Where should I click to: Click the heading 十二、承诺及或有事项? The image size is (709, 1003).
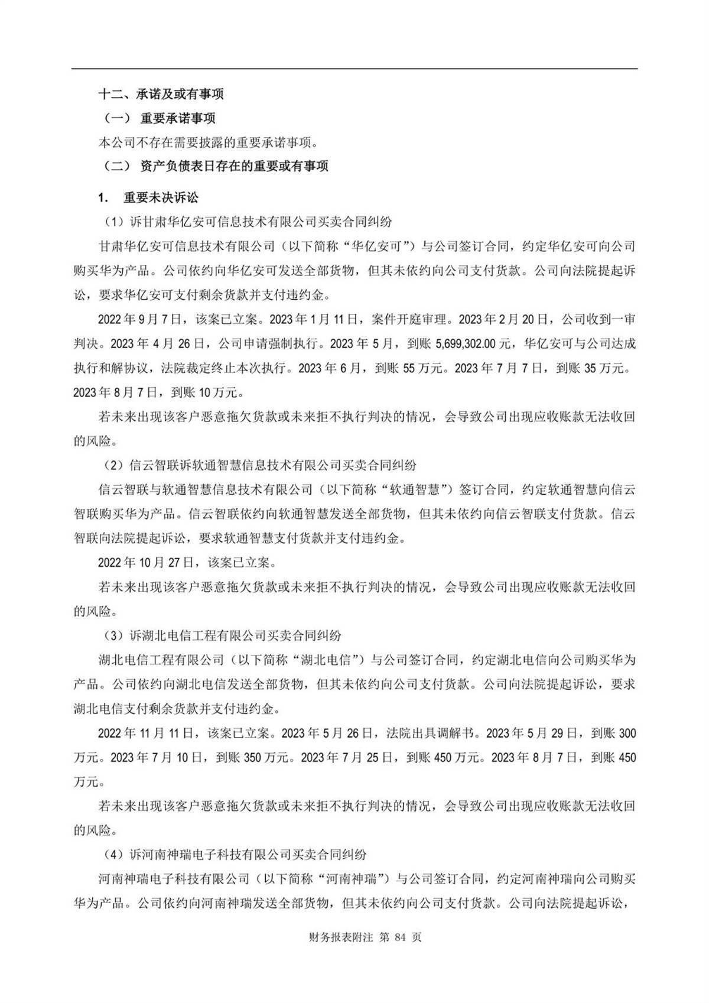[x=161, y=94]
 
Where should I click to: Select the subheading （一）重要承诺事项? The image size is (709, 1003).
[x=157, y=118]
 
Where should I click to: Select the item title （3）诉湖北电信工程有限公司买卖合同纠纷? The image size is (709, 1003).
[x=219, y=636]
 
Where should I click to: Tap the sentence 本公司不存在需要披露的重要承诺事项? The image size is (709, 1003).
[x=209, y=142]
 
